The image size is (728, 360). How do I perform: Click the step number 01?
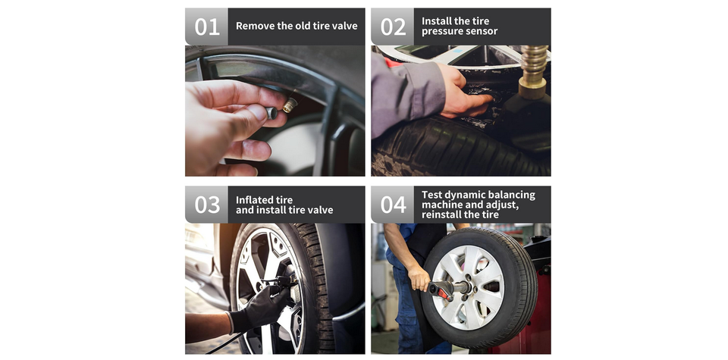(206, 27)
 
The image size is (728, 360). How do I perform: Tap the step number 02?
(393, 27)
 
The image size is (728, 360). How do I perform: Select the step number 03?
(206, 205)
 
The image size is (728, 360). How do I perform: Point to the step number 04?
(393, 205)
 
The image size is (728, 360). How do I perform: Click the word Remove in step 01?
(255, 26)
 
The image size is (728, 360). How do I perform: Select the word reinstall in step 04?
(441, 214)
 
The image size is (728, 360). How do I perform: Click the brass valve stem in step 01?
(290, 105)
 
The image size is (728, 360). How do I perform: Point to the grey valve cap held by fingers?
(271, 113)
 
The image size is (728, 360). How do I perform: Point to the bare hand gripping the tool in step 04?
(419, 277)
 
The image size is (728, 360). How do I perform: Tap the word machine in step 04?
(441, 205)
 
